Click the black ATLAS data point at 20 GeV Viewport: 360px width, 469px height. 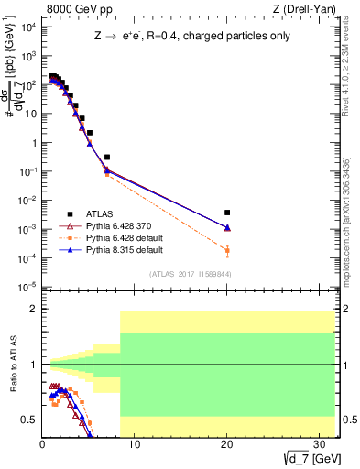[x=227, y=213]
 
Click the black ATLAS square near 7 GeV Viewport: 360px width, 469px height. [x=107, y=158]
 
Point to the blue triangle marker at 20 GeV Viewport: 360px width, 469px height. [x=227, y=227]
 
